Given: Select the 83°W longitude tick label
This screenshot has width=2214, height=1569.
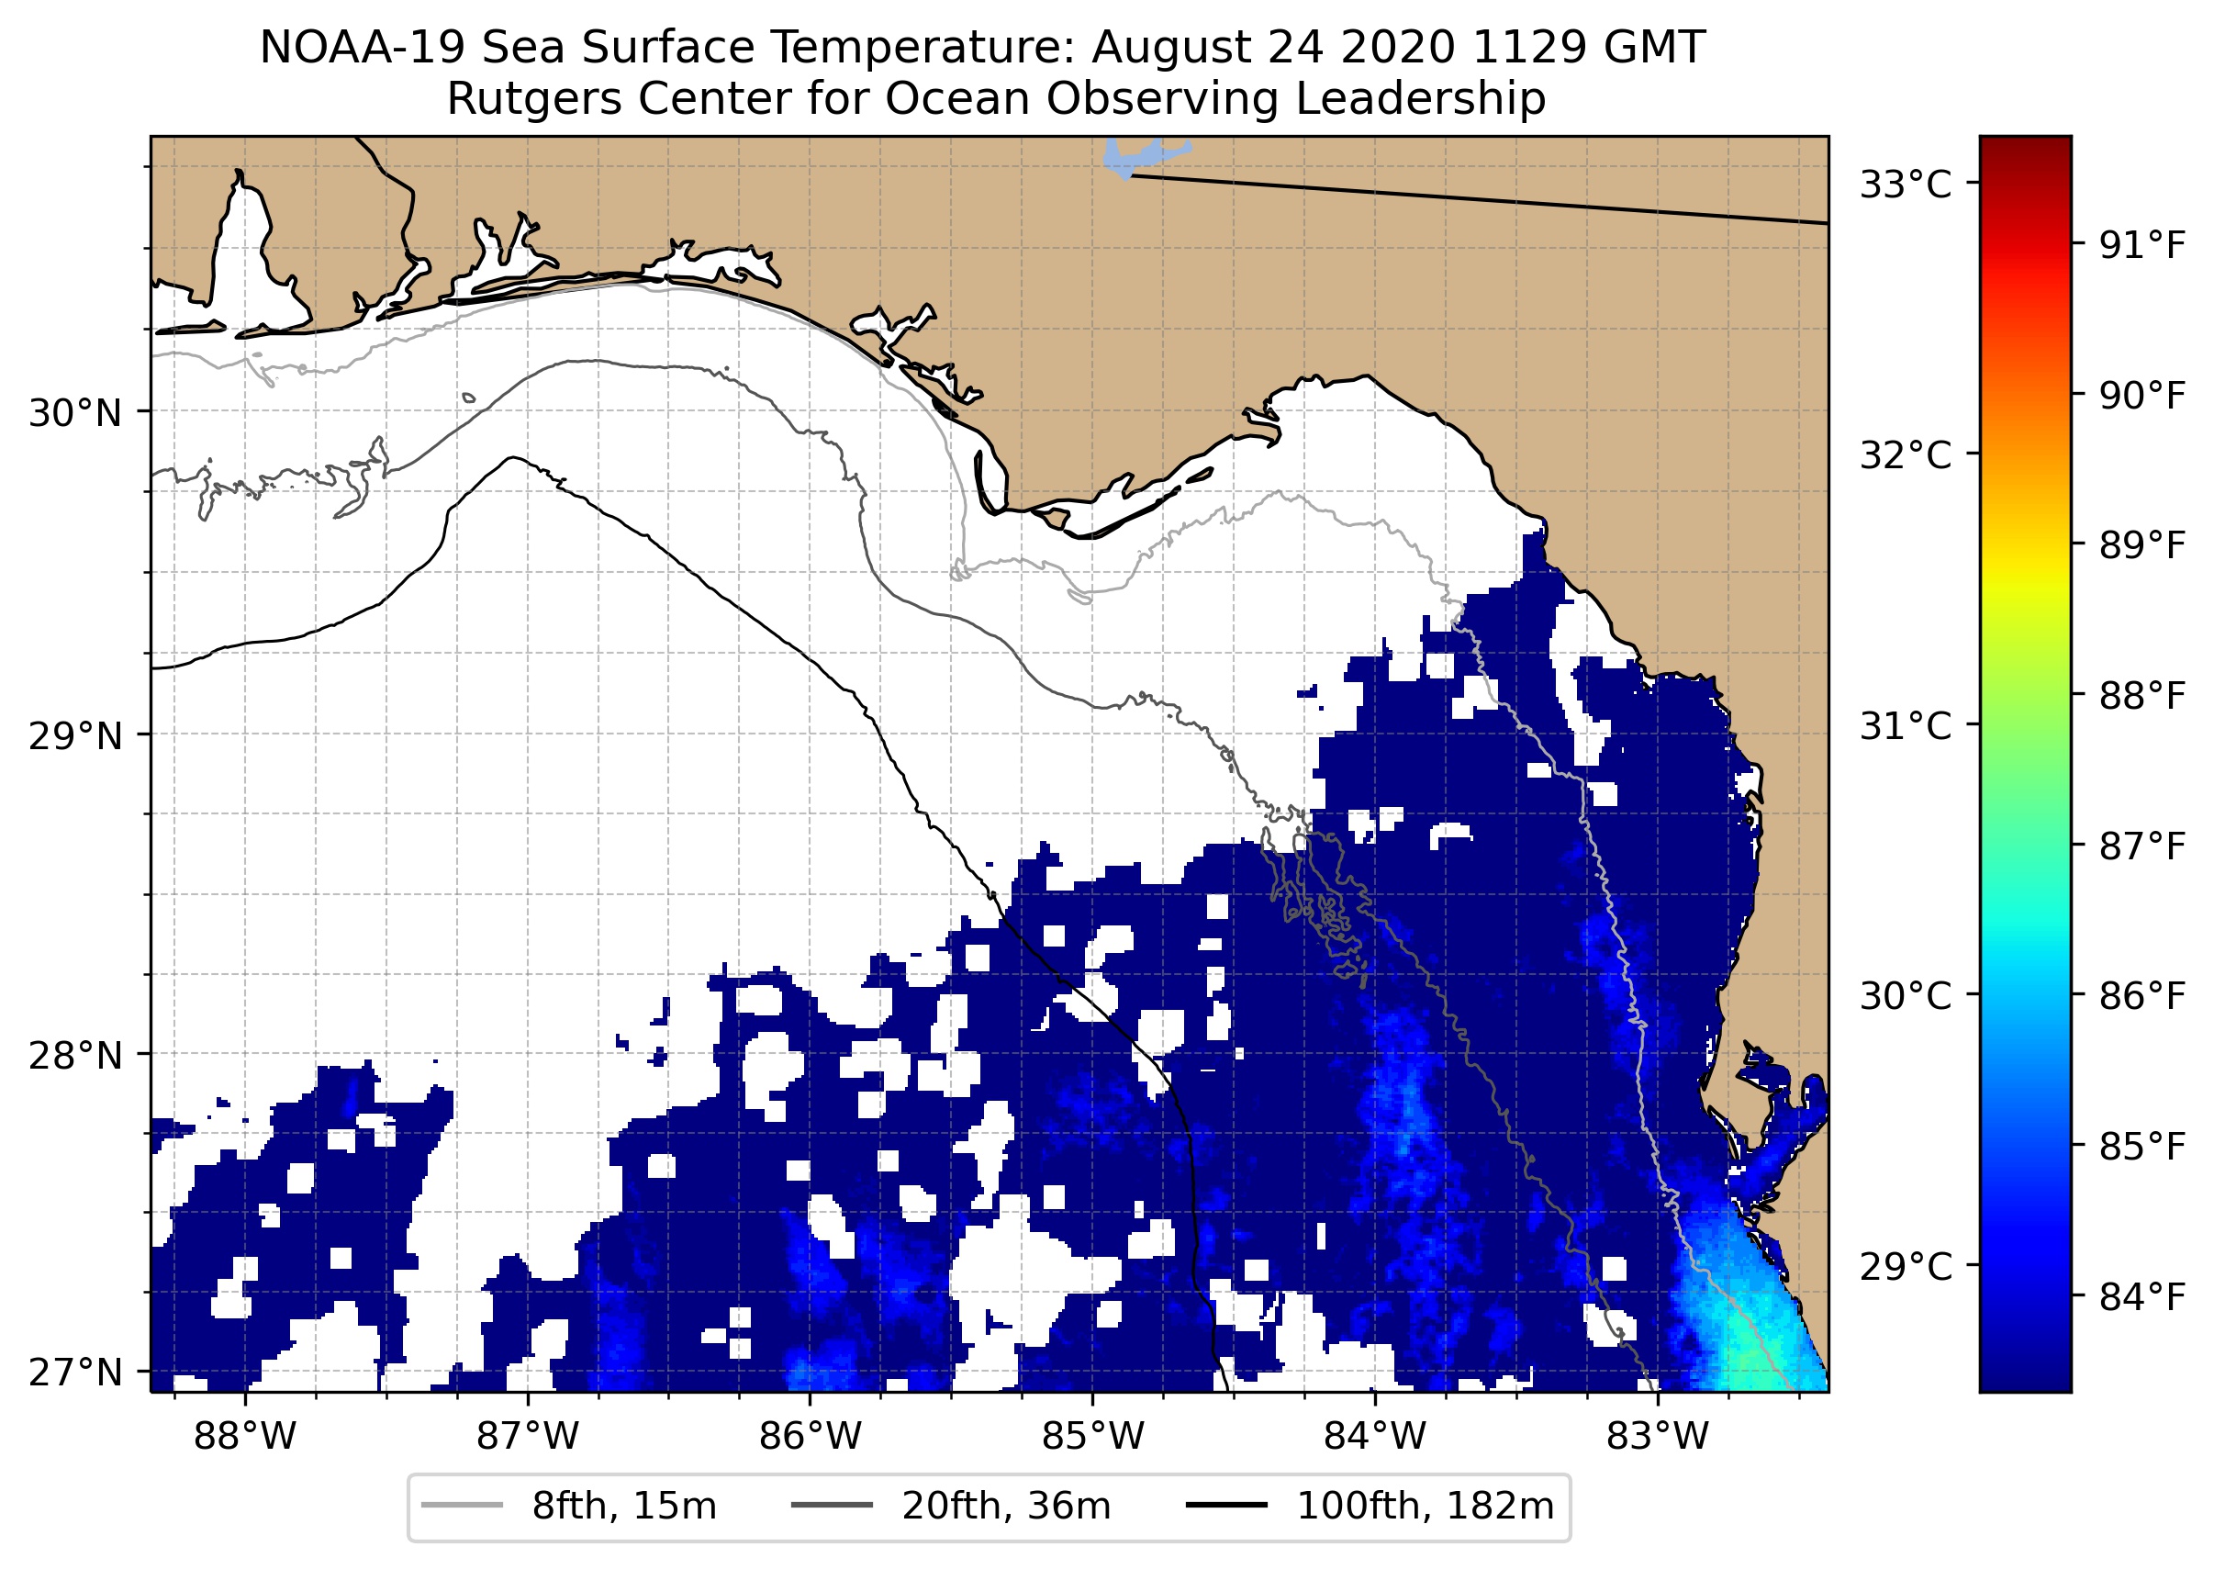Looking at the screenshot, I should coord(1658,1437).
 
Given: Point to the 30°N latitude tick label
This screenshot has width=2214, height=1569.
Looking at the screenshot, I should coord(75,413).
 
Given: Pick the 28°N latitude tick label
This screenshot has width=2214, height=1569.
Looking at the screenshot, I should coord(75,1056).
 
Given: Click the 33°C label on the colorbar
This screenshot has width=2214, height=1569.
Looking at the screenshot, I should coord(1906,184).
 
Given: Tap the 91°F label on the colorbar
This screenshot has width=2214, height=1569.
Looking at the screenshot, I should coord(2141,245).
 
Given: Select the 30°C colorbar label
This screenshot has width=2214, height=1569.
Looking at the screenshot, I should coord(1906,995).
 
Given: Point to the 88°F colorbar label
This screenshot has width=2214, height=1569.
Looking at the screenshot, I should coord(2141,696).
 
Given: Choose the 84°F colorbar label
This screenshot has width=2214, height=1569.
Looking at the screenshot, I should coord(2141,1297).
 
